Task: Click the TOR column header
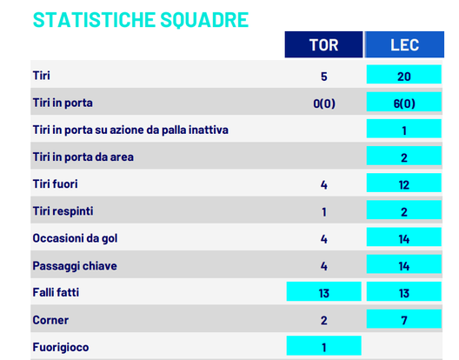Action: [x=324, y=45]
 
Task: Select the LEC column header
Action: [x=403, y=45]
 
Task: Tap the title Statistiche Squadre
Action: [x=139, y=19]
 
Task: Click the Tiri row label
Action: [x=40, y=76]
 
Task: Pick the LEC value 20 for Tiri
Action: [x=403, y=77]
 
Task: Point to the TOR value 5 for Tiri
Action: [x=324, y=77]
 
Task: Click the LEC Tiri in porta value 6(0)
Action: [x=403, y=103]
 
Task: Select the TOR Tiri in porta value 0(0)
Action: [x=324, y=103]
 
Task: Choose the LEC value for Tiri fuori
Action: [x=403, y=184]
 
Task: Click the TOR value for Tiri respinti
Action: [x=324, y=211]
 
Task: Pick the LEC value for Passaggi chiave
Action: [x=403, y=266]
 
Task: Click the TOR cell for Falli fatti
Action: [x=324, y=293]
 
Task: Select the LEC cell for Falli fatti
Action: [x=403, y=293]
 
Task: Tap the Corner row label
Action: [x=50, y=320]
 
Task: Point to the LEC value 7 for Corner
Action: [x=403, y=320]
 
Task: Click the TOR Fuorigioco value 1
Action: [x=324, y=347]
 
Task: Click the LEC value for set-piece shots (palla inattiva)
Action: [x=403, y=130]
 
